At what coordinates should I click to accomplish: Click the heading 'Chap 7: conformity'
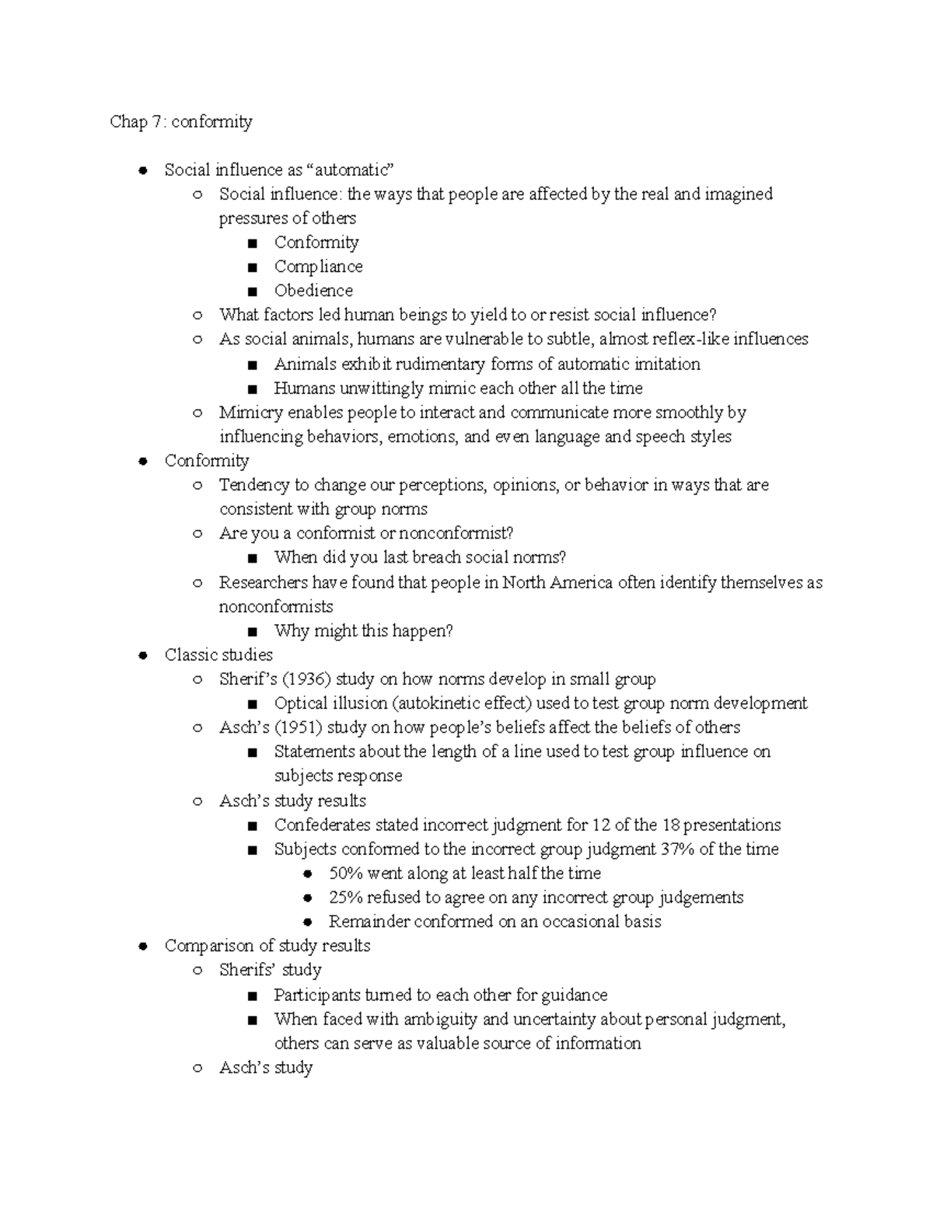181,122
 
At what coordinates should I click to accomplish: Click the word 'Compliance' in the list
318,267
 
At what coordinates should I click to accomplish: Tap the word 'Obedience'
313,291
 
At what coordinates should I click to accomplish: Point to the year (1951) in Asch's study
294,727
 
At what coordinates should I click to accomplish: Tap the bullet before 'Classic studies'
142,655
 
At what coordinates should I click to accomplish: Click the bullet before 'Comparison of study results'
142,946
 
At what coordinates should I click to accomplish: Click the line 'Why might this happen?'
363,631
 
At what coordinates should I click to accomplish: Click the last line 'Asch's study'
265,1068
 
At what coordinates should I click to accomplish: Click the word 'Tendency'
253,485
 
